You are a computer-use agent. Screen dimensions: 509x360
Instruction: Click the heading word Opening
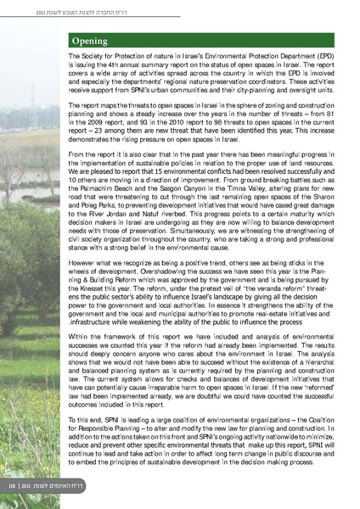point(89,40)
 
